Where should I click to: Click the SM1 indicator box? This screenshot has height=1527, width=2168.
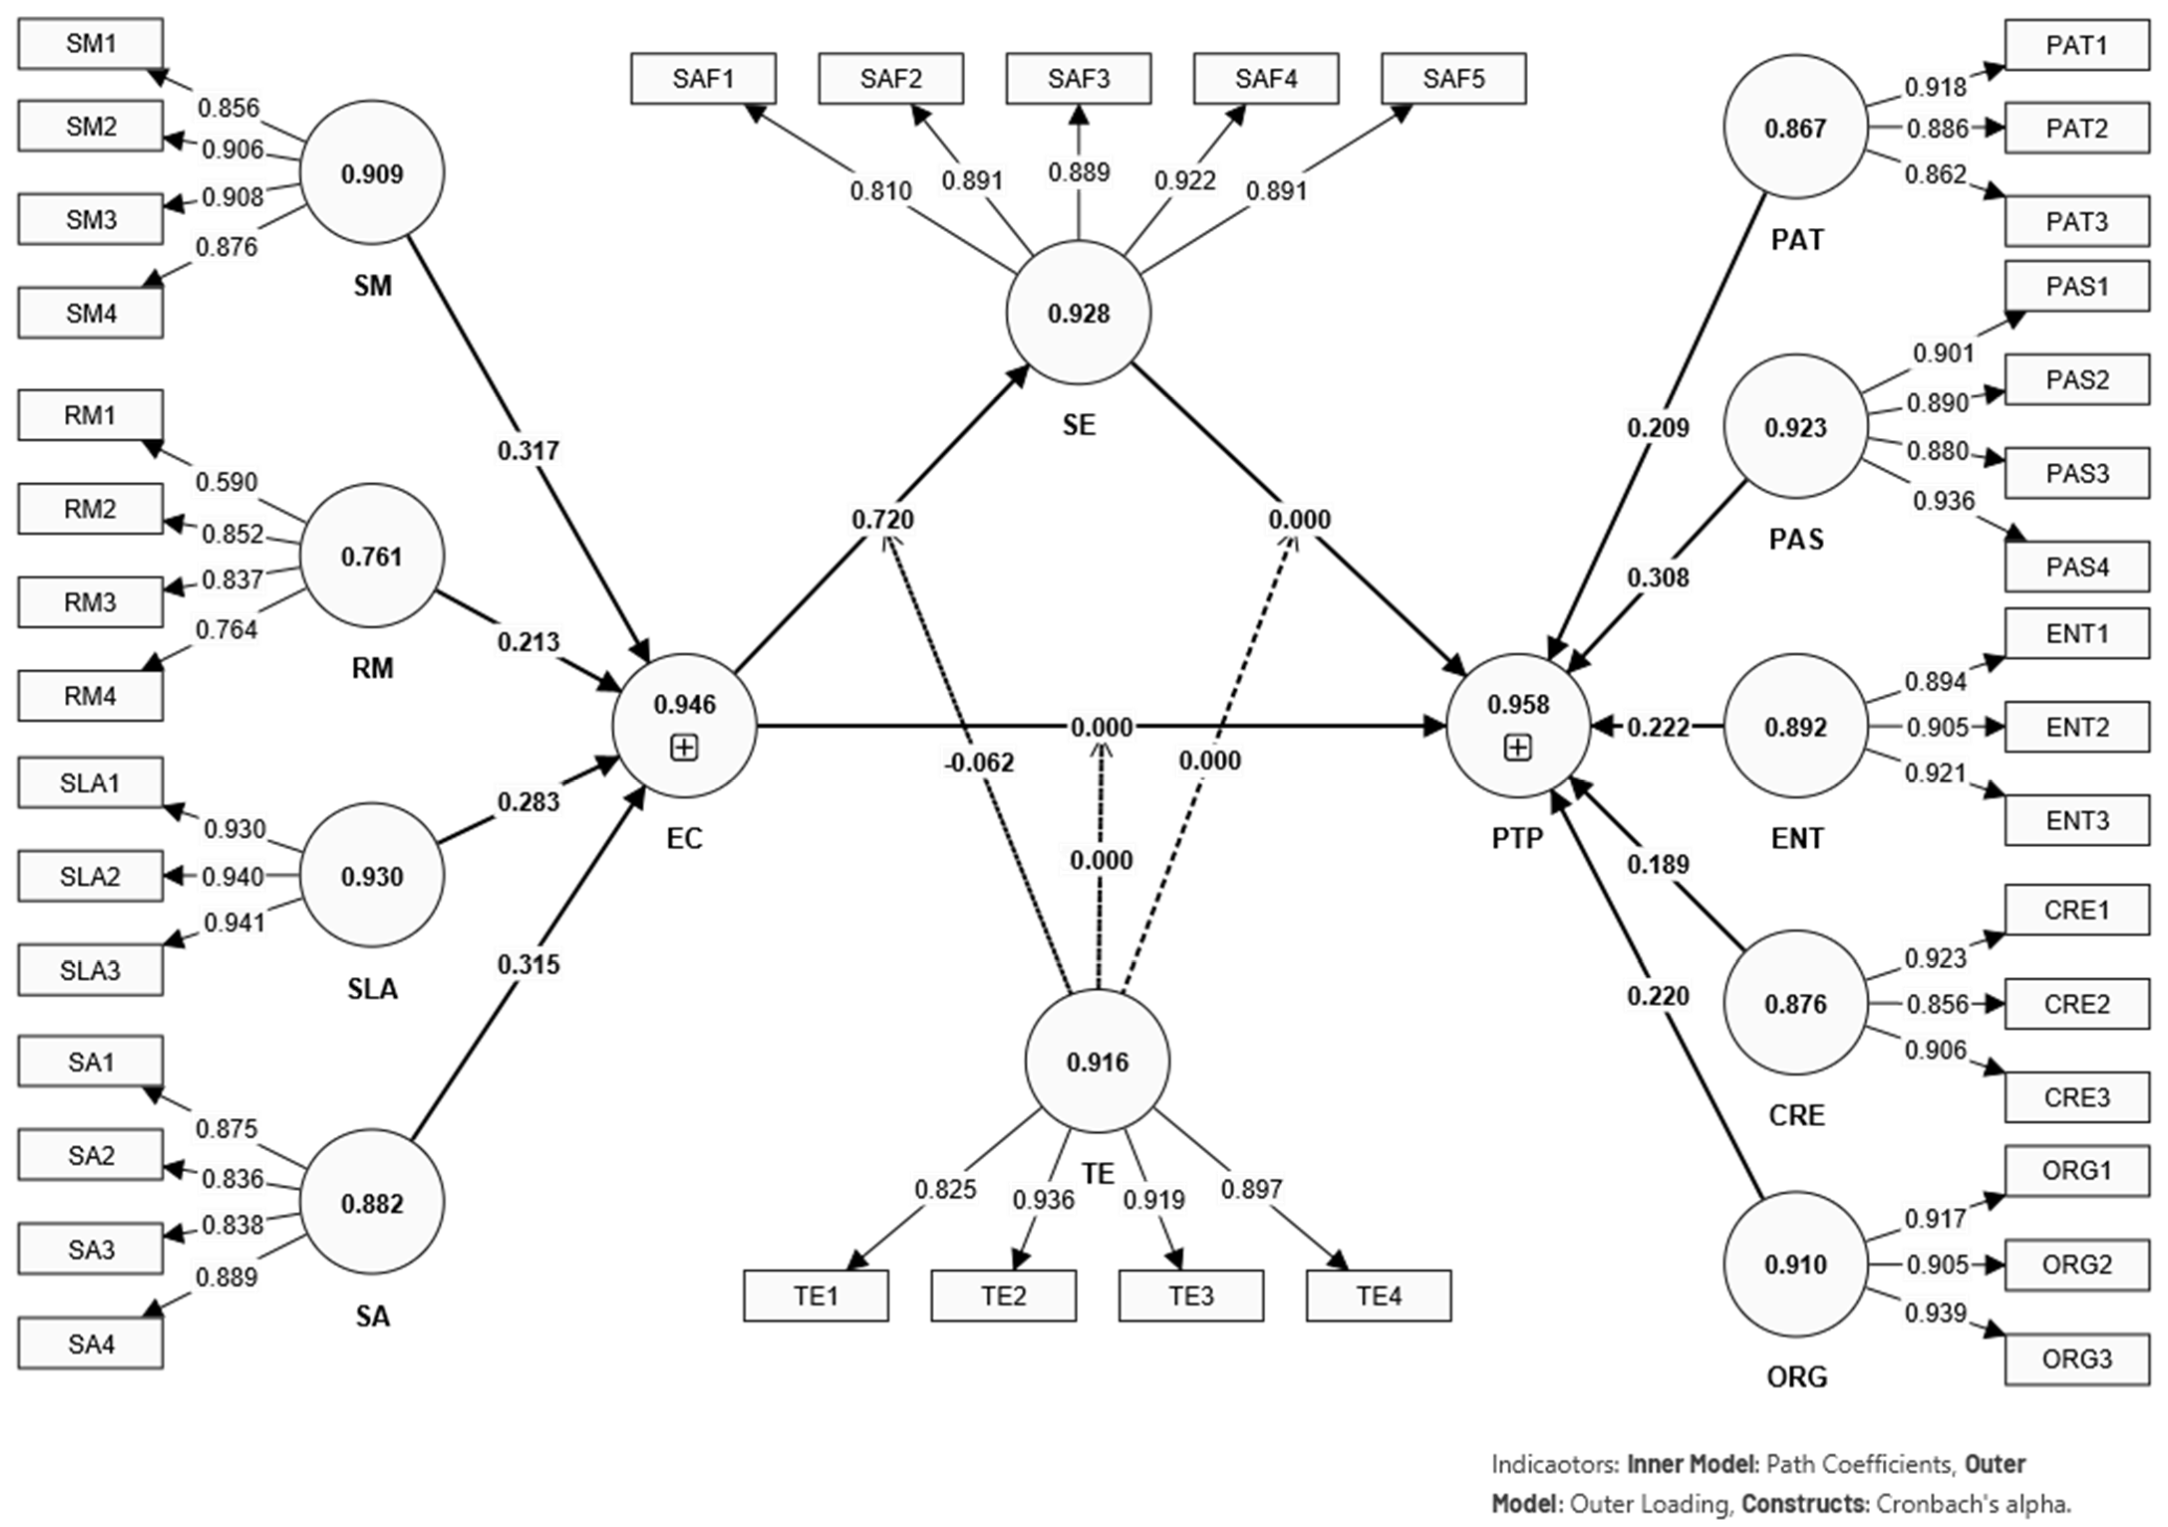[x=91, y=43]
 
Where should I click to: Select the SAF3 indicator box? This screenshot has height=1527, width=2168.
[x=1078, y=78]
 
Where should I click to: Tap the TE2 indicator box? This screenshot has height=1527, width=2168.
[x=1003, y=1296]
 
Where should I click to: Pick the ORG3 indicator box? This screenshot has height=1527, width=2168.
[x=2076, y=1359]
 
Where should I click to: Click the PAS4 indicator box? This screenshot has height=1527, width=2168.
[x=2076, y=567]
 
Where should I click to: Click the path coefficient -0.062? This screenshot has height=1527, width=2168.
[x=979, y=762]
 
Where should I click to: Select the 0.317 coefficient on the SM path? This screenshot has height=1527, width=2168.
[x=529, y=451]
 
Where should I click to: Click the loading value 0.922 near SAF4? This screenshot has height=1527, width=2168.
[x=1185, y=180]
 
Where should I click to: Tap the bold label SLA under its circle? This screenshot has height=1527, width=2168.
[x=372, y=989]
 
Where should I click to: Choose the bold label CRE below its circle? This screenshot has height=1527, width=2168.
[x=1796, y=1115]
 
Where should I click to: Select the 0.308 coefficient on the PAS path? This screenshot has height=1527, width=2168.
[x=1658, y=577]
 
